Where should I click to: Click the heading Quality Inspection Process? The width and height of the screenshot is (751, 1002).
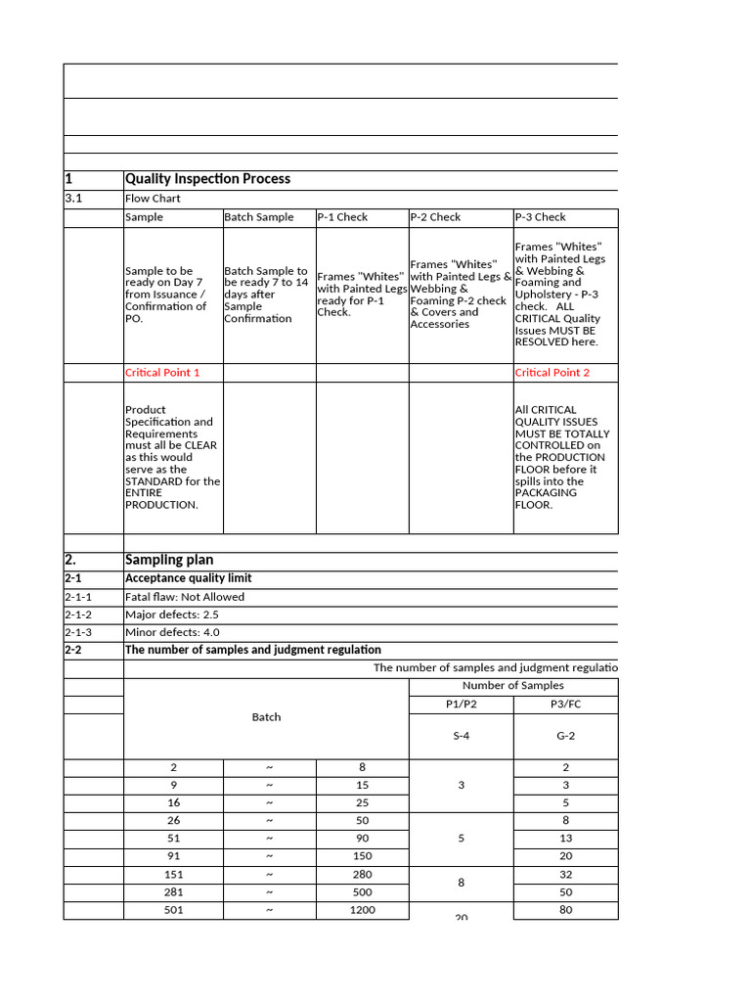pos(207,179)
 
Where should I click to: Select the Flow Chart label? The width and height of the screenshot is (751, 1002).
pos(153,199)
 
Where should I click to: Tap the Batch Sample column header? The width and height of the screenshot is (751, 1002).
pos(258,217)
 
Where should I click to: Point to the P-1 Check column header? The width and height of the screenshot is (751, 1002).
pos(342,217)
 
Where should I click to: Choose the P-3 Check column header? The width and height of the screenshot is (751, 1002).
pos(540,217)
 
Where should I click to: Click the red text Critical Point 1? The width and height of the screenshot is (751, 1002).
pos(162,373)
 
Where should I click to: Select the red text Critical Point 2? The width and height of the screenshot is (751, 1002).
pos(552,373)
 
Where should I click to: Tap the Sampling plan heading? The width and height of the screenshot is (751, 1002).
pos(169,560)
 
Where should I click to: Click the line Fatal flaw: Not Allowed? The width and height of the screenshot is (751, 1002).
pos(185,597)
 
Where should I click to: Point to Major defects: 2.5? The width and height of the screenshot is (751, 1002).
pos(171,615)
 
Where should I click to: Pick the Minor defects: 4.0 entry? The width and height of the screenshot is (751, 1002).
pos(172,632)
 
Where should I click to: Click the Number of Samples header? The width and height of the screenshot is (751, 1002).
pos(512,686)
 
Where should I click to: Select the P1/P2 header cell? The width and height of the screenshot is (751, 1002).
pos(461,705)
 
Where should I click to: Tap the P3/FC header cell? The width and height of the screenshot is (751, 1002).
pos(565,705)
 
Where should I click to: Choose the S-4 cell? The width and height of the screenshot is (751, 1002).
pos(461,736)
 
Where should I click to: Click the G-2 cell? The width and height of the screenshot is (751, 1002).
pos(565,736)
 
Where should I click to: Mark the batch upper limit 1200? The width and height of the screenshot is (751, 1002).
pos(362,910)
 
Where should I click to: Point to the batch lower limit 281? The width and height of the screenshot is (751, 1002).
pos(173,892)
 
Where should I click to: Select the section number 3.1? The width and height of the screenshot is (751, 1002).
pos(73,199)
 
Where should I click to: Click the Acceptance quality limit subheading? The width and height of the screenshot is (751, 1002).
pos(189,578)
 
